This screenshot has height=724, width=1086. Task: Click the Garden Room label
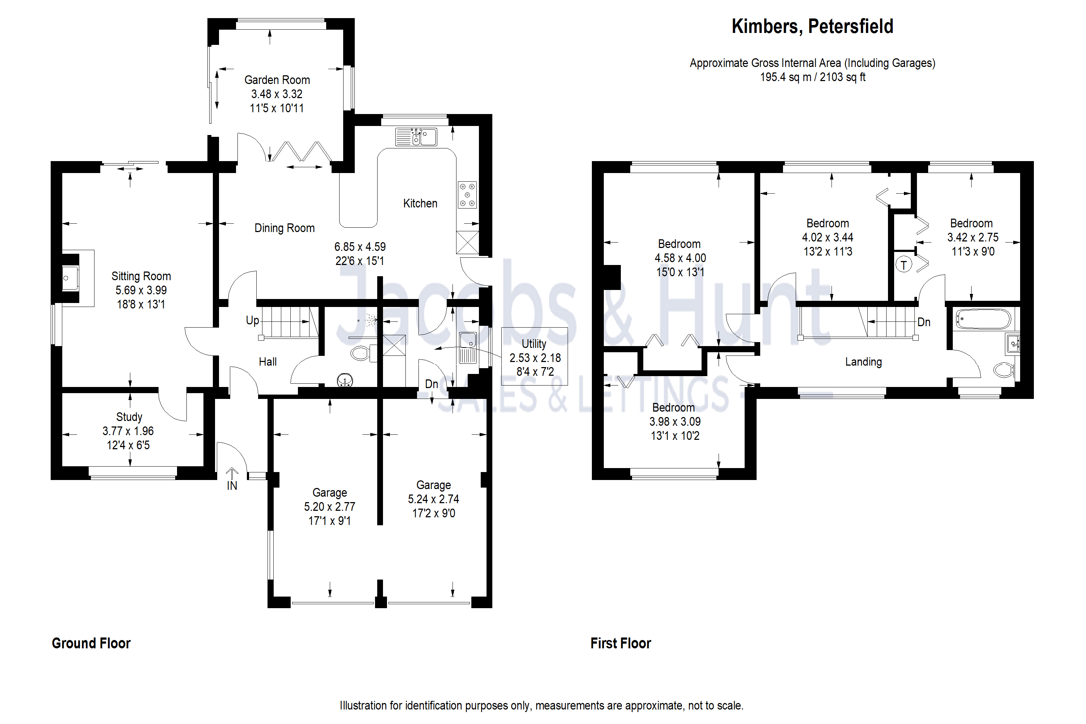tap(277, 80)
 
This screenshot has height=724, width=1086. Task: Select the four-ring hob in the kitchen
tap(467, 195)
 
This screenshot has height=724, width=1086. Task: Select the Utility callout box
tap(534, 357)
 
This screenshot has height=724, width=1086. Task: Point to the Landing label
tap(863, 362)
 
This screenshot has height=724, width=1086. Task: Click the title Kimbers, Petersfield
tap(812, 26)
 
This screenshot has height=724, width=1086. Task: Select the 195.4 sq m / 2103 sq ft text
tap(812, 77)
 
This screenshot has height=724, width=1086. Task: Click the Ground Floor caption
tap(91, 643)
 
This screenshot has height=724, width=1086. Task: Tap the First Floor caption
tap(620, 643)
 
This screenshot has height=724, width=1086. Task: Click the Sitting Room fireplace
tap(71, 278)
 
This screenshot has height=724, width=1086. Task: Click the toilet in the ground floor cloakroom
tap(360, 354)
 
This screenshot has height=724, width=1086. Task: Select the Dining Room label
tap(285, 228)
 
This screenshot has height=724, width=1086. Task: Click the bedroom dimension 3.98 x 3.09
tap(675, 422)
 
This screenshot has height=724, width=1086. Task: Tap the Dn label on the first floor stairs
tap(923, 322)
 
